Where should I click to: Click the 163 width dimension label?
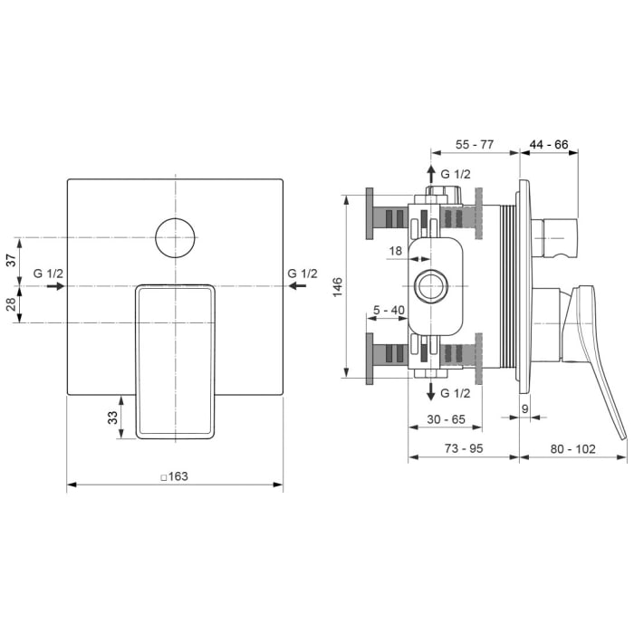174,477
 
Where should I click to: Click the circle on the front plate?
176,237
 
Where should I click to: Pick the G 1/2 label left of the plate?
48,274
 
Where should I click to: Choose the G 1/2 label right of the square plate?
303,274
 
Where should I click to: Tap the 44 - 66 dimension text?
548,144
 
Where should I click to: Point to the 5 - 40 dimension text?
389,311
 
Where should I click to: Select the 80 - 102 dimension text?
574,448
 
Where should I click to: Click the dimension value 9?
526,408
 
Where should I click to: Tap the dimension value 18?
396,249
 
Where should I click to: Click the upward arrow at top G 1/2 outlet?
430,173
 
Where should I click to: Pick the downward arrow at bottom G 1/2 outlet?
430,391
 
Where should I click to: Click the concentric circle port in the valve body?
430,286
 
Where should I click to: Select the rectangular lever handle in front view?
176,360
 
